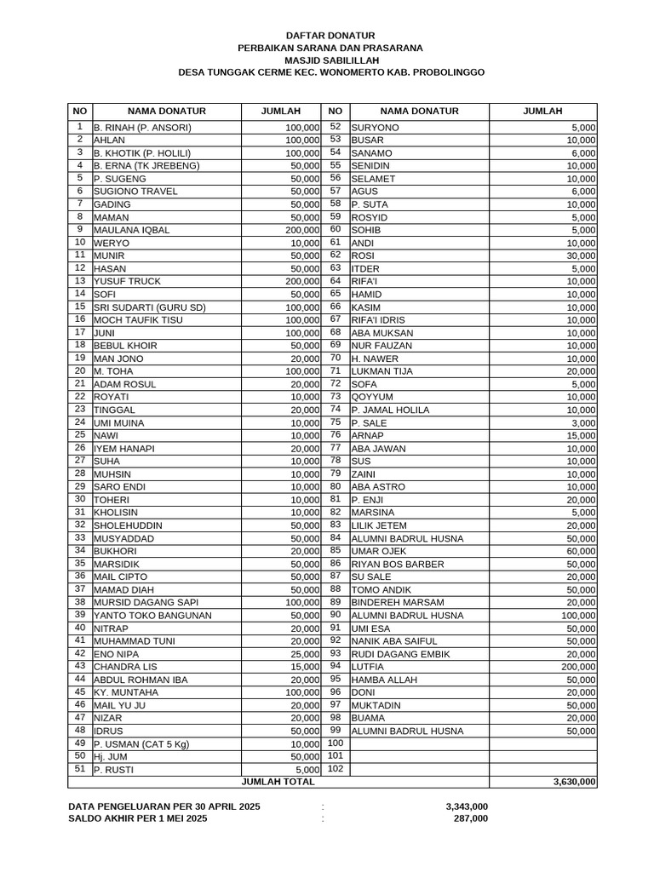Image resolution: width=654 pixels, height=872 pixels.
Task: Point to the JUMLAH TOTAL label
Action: tap(278, 781)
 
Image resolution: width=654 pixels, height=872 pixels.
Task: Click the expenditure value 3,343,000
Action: tap(466, 806)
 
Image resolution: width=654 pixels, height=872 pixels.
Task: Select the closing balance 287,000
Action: tap(471, 818)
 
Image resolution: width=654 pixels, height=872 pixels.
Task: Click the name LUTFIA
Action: tap(368, 667)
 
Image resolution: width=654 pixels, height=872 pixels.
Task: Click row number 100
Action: tap(335, 743)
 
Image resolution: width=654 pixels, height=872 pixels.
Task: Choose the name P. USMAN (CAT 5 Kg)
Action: tap(141, 744)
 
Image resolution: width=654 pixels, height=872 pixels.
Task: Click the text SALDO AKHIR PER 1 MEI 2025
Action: tap(137, 818)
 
